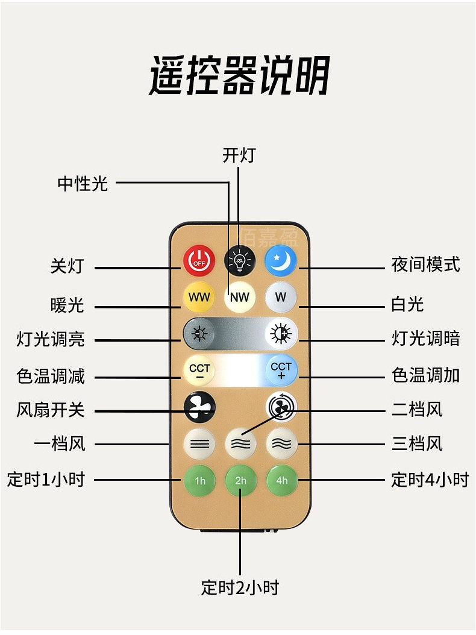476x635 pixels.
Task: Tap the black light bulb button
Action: [x=240, y=261]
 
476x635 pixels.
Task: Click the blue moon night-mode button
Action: [x=281, y=261]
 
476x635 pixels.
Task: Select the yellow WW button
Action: [x=199, y=297]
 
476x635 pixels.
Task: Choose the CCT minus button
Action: [x=199, y=369]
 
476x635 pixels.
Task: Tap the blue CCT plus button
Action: [x=281, y=369]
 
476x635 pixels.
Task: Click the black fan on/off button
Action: [x=199, y=408]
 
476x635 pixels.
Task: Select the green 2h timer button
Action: [x=240, y=480]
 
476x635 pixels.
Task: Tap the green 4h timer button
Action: [x=281, y=480]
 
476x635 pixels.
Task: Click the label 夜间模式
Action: [x=425, y=264]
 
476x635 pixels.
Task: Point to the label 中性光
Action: [x=83, y=183]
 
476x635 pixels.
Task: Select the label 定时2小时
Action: [x=240, y=587]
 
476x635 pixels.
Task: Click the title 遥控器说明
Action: [x=239, y=76]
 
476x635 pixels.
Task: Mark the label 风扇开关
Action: [x=51, y=410]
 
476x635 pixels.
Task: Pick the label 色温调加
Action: [x=425, y=375]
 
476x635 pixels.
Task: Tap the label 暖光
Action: [x=67, y=305]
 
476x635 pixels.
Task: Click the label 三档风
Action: [x=417, y=444]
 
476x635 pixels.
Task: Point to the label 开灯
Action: [x=239, y=155]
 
